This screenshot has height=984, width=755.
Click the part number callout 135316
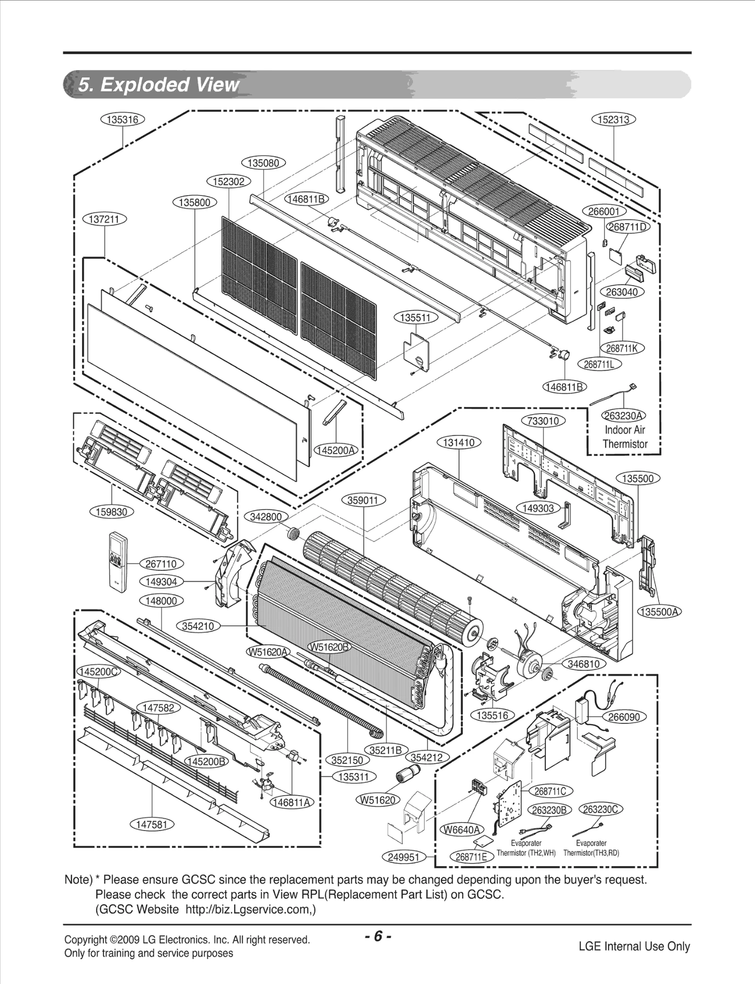[x=122, y=120]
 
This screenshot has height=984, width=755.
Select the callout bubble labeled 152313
[x=613, y=120]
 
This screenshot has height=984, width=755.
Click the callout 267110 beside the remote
[x=161, y=564]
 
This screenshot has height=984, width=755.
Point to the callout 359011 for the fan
[x=363, y=500]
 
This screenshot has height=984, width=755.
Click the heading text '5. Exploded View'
[x=158, y=85]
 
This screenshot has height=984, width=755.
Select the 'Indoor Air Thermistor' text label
[x=625, y=437]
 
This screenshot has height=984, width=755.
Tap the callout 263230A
[x=624, y=416]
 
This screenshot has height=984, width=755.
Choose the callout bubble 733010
[x=543, y=421]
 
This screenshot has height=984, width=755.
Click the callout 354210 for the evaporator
[x=198, y=626]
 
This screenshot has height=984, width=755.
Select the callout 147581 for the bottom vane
[x=152, y=824]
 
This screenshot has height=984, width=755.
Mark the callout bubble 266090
[x=624, y=717]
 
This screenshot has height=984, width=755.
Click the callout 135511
[x=415, y=318]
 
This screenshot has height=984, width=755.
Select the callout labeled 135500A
[x=660, y=612]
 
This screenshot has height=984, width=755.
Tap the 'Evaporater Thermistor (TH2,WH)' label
[x=526, y=848]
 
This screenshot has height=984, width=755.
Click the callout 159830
[x=112, y=512]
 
